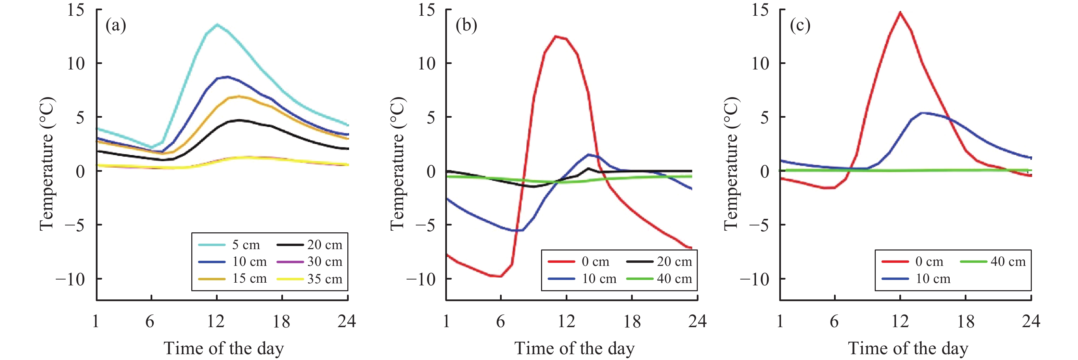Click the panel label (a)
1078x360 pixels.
(x=116, y=26)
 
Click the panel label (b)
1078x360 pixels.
(x=466, y=26)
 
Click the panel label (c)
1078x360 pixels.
(x=800, y=26)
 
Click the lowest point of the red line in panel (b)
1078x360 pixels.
(x=500, y=276)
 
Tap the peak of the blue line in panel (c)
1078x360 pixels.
(x=922, y=113)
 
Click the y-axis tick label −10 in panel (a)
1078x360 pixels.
(x=70, y=279)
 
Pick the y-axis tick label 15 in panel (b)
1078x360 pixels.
(x=426, y=10)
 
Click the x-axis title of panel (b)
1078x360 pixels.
(x=574, y=348)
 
